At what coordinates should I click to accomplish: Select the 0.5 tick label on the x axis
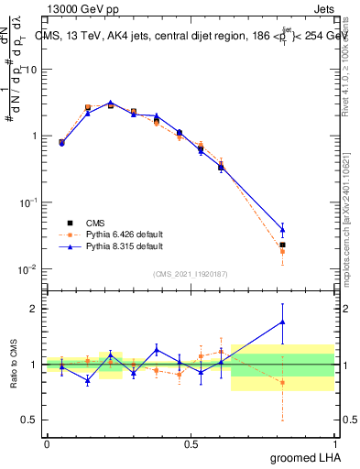click(191, 444)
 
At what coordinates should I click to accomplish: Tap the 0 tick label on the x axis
click(47, 444)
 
